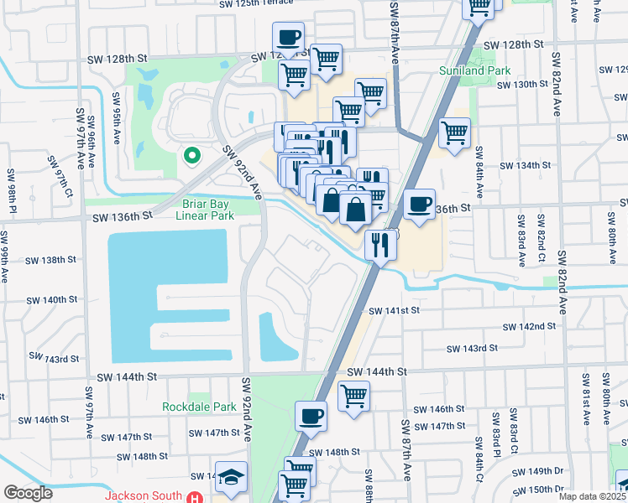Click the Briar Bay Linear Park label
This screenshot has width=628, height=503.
point(209,210)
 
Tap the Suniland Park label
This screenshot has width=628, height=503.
point(475,71)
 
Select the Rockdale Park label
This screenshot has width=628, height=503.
point(199,407)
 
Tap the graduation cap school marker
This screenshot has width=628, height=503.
point(231,476)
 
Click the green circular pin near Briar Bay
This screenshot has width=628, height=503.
point(191,155)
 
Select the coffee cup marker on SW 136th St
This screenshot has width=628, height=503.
point(419,204)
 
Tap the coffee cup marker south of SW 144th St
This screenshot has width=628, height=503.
point(311,415)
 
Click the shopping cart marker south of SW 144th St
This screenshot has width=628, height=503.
point(354,395)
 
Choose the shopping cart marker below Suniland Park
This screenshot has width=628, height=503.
point(454,132)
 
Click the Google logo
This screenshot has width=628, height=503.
point(27,493)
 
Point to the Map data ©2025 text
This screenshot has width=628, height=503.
point(591,496)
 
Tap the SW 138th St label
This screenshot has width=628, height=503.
point(49,261)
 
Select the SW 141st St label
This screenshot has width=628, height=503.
point(395,310)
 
